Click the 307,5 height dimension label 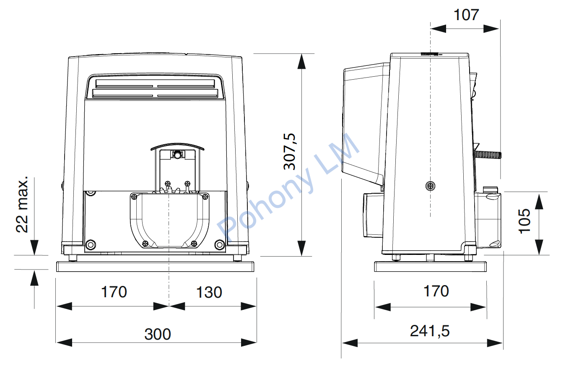pyautogui.click(x=290, y=151)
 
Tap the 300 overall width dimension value pyautogui.click(x=158, y=334)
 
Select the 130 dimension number pyautogui.click(x=209, y=292)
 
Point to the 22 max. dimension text pyautogui.click(x=22, y=205)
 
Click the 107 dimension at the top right pyautogui.click(x=466, y=15)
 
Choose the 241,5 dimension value pyautogui.click(x=430, y=331)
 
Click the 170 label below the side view pyautogui.click(x=436, y=291)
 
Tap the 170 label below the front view pyautogui.click(x=114, y=292)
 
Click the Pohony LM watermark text pyautogui.click(x=288, y=187)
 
